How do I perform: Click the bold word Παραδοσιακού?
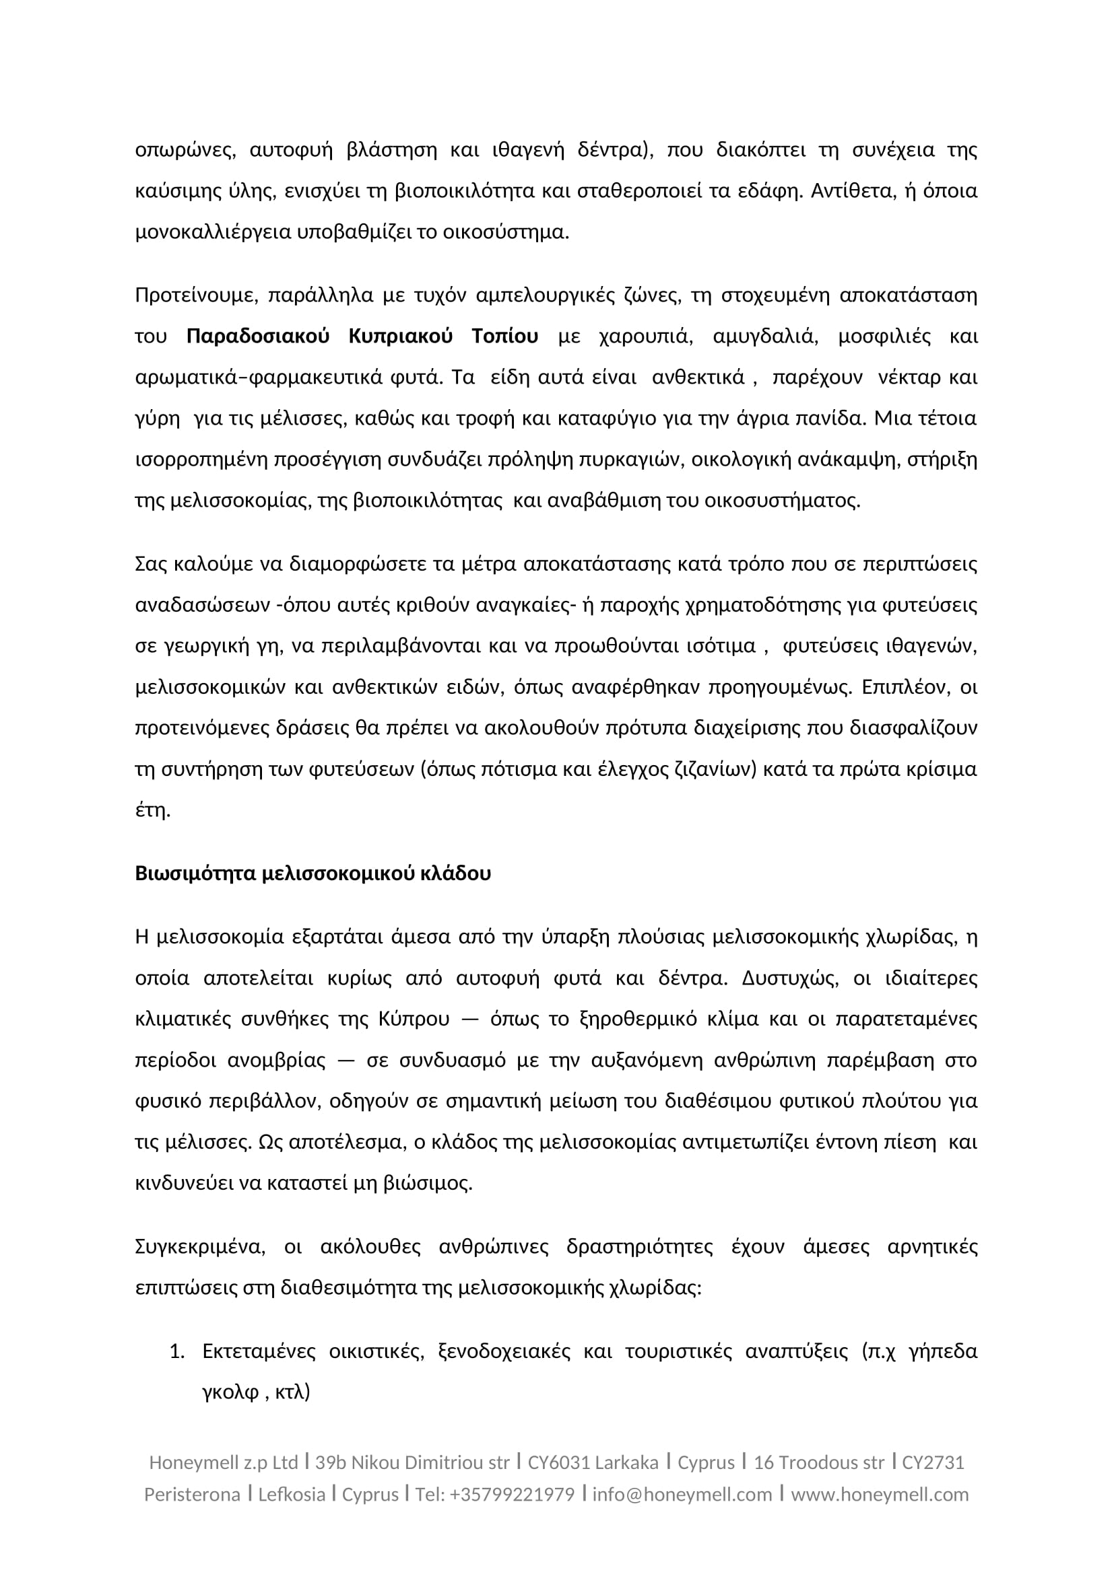258,336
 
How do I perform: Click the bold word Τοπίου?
504,336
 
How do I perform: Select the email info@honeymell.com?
682,1495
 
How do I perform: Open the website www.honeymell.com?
880,1495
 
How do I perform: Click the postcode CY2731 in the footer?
933,1463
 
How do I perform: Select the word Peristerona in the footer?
192,1495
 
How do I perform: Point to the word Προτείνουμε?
195,295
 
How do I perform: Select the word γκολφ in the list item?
230,1392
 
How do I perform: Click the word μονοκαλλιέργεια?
214,232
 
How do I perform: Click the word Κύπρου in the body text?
414,1019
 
